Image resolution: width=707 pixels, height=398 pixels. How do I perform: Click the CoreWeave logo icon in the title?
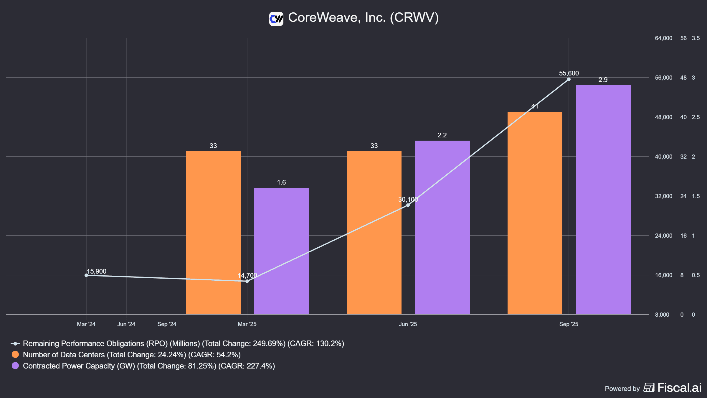click(276, 19)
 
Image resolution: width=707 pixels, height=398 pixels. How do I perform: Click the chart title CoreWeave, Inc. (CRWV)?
click(363, 17)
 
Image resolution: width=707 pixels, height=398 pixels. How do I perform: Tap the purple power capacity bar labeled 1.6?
click(281, 251)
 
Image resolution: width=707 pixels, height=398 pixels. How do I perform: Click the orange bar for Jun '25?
click(374, 233)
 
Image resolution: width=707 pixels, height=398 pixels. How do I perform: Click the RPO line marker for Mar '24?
click(86, 275)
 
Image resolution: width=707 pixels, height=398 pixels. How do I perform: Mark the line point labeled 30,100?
click(408, 205)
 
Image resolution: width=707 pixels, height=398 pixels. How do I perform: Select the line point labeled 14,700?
click(247, 281)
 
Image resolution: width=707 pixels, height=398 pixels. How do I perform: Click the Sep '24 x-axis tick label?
click(167, 324)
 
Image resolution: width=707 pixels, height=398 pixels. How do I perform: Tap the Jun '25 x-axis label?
click(408, 324)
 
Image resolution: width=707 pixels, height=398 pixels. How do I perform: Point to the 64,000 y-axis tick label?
click(663, 38)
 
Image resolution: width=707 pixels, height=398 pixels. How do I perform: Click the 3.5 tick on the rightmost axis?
click(696, 38)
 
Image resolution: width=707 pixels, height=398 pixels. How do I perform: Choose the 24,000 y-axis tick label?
click(663, 236)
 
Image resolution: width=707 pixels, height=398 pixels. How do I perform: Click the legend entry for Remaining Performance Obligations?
click(183, 343)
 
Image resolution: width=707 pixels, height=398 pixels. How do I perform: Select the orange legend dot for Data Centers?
click(15, 354)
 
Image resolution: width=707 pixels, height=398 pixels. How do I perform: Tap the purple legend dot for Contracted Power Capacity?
click(15, 366)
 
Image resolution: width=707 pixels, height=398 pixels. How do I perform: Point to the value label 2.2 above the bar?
click(442, 135)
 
